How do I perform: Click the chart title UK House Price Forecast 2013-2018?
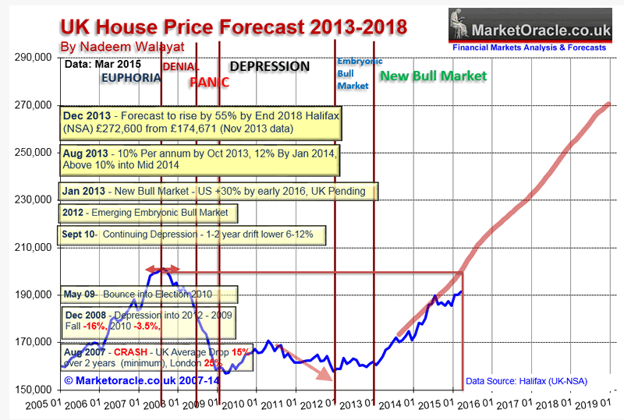[x=233, y=27]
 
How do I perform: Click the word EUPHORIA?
[x=130, y=78]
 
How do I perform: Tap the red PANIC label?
[x=209, y=82]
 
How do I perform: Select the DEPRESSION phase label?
[x=270, y=67]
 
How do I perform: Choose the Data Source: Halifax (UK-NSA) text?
[x=526, y=382]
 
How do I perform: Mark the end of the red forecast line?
[x=609, y=104]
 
